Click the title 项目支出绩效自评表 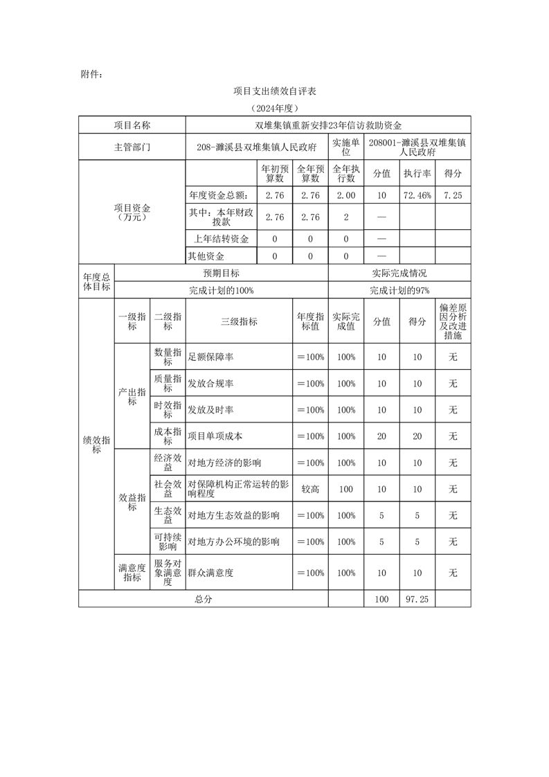pyautogui.click(x=274, y=91)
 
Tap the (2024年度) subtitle pyautogui.click(x=274, y=109)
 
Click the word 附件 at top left pyautogui.click(x=92, y=73)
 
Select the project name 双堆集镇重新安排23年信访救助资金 pyautogui.click(x=328, y=125)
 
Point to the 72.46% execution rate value pyautogui.click(x=417, y=196)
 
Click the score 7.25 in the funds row pyautogui.click(x=453, y=196)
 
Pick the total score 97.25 pyautogui.click(x=417, y=599)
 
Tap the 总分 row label pyautogui.click(x=204, y=599)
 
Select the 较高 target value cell pyautogui.click(x=310, y=489)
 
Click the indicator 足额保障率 pyautogui.click(x=210, y=357)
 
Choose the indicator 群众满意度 pyautogui.click(x=210, y=573)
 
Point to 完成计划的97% pyautogui.click(x=399, y=291)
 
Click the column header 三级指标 pyautogui.click(x=239, y=321)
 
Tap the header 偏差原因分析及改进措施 pyautogui.click(x=453, y=321)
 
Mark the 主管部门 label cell pyautogui.click(x=132, y=148)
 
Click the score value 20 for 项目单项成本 pyautogui.click(x=417, y=436)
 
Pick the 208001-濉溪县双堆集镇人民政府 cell pyautogui.click(x=417, y=148)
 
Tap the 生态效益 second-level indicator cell pyautogui.click(x=168, y=515)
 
